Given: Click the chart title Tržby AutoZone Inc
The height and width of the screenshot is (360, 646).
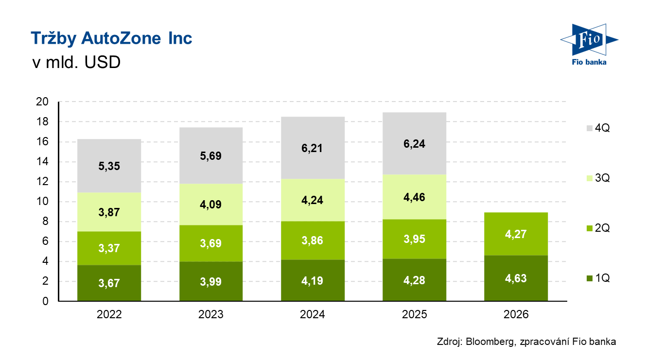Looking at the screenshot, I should point(111,38).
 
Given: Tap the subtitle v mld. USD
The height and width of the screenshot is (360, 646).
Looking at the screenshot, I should point(75,63).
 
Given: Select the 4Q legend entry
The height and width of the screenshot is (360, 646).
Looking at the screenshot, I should point(598,128).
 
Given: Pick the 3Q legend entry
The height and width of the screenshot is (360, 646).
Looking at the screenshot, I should point(598,178).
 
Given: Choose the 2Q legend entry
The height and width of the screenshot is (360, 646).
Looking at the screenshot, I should point(598,228).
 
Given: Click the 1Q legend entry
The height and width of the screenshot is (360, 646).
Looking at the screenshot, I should point(598,278).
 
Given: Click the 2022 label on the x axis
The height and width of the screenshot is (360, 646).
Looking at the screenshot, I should point(109,315).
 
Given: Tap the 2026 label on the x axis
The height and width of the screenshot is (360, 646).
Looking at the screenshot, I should point(516,315).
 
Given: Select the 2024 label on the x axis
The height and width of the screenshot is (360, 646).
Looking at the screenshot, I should point(313,315).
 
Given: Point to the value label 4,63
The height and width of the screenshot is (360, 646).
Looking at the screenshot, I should point(516,279).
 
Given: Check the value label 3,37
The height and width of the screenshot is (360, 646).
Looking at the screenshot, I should point(109,248).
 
